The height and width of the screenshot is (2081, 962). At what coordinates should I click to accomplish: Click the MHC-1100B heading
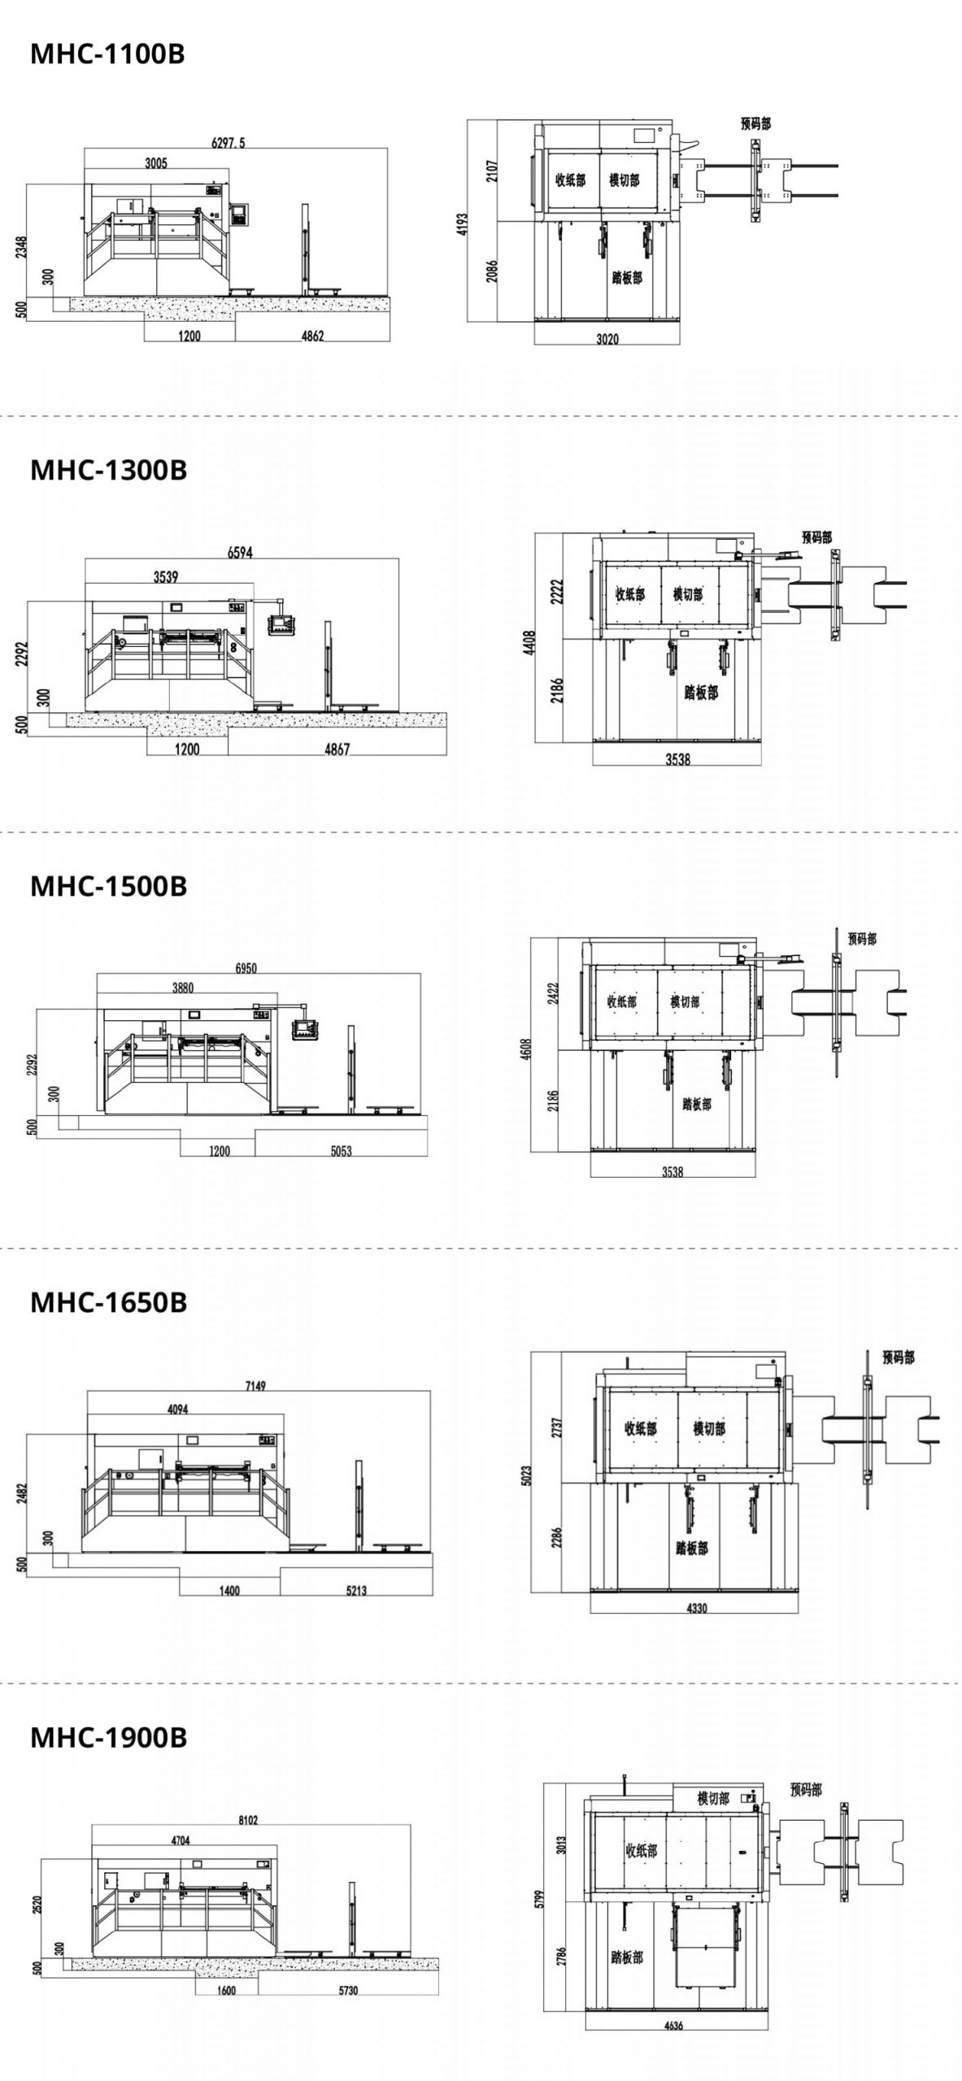[x=107, y=54]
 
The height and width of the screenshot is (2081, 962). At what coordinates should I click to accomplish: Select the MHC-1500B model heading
[x=109, y=886]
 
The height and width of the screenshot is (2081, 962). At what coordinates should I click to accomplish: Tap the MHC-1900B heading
[x=109, y=1737]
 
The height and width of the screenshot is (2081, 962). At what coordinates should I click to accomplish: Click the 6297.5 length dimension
[x=229, y=143]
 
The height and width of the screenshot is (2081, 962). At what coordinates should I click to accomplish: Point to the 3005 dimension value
[x=156, y=163]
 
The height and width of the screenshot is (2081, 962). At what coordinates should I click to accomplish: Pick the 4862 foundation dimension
[x=312, y=336]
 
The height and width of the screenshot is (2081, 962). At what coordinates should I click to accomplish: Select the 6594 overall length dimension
[x=240, y=553]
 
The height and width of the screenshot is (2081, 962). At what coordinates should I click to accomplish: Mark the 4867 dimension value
[x=337, y=749]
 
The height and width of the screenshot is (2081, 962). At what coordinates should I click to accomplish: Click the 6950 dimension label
[x=246, y=968]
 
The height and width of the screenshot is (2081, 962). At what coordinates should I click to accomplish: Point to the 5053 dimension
[x=341, y=1151]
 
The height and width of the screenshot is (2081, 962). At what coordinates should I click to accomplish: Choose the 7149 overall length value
[x=255, y=1386]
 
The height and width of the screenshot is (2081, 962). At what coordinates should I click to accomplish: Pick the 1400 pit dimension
[x=230, y=1591]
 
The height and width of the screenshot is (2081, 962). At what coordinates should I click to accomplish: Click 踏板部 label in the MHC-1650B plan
[x=691, y=1549]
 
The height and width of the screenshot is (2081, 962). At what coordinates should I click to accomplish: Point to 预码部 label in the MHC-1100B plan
[x=756, y=124]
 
